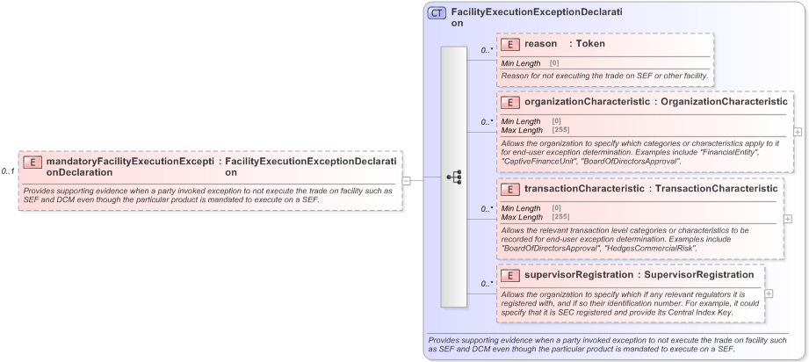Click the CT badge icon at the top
click(x=437, y=13)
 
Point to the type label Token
click(x=590, y=43)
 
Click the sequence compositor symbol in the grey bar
click(x=454, y=177)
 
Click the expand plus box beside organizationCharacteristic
click(x=798, y=132)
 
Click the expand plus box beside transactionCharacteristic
click(x=787, y=218)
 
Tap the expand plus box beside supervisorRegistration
click(x=769, y=294)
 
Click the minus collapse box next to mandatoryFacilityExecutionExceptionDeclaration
click(x=407, y=181)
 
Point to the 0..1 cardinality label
click(x=8, y=171)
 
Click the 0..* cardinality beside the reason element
click(x=486, y=50)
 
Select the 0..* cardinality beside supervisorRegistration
click(x=486, y=284)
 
